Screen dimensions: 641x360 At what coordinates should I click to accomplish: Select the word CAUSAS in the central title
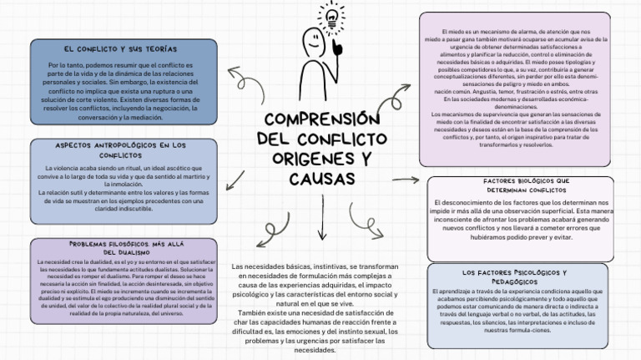click(x=321, y=179)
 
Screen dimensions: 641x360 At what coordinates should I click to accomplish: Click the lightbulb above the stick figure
click(x=332, y=17)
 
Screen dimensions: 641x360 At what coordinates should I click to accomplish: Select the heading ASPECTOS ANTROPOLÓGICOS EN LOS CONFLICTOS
click(x=120, y=150)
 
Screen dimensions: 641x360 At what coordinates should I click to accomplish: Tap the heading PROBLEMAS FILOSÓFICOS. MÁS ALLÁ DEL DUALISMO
click(x=120, y=247)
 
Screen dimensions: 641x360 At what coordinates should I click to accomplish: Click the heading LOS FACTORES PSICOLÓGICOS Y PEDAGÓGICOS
click(x=514, y=277)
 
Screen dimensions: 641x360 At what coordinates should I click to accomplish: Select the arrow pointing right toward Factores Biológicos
click(x=406, y=180)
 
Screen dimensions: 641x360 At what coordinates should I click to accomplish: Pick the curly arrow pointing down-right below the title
click(x=365, y=218)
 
